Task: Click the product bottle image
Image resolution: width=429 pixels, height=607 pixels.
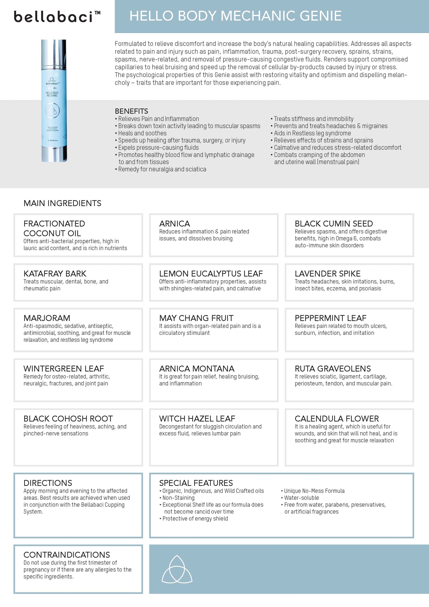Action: tap(54, 100)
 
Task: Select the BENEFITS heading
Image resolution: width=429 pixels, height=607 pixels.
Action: tap(131, 111)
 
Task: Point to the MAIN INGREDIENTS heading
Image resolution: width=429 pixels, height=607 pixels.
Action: tap(62, 203)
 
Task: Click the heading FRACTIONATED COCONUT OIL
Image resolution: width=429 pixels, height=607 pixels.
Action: tap(54, 229)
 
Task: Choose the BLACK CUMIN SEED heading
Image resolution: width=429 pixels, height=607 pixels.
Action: tap(334, 224)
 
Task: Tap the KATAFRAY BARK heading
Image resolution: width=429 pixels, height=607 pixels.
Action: tap(55, 274)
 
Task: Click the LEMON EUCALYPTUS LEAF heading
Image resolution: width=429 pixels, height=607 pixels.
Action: tap(211, 274)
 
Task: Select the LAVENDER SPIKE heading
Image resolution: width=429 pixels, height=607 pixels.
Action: tap(328, 274)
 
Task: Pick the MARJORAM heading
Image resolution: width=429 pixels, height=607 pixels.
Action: tap(47, 318)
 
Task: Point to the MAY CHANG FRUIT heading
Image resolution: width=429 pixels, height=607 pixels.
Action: tap(196, 318)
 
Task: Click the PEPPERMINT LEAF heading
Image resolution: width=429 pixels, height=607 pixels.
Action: tap(330, 318)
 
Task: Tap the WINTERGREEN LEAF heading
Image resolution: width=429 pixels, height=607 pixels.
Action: tap(64, 369)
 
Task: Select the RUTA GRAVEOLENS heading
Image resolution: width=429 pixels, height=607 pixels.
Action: tap(333, 369)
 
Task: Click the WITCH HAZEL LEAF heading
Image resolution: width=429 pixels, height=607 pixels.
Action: tap(197, 418)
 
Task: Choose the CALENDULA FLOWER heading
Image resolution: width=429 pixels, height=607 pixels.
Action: tap(337, 418)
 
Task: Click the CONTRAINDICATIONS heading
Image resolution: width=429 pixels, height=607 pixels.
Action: tap(67, 555)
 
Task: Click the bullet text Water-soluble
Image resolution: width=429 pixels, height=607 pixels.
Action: tap(301, 498)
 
